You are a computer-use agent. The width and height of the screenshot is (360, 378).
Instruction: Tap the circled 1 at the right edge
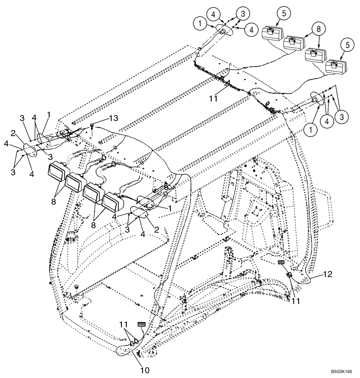click(310, 130)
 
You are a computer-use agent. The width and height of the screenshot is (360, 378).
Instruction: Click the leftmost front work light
click(56, 172)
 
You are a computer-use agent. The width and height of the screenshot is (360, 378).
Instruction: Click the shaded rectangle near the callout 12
click(281, 262)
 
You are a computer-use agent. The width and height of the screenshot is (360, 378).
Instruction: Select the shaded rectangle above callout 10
click(142, 324)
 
